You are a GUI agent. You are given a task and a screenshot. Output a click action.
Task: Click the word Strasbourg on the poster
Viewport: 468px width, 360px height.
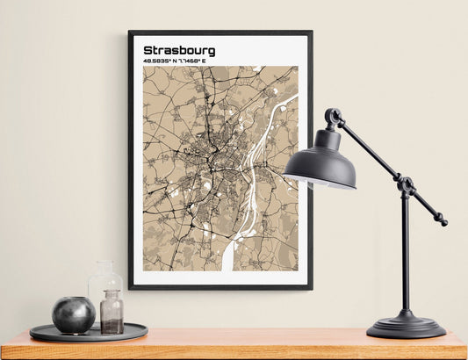[178, 50]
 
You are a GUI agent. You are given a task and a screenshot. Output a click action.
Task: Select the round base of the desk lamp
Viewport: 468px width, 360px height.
[406, 328]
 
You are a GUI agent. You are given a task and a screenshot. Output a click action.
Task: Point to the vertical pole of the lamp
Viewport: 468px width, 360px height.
[406, 255]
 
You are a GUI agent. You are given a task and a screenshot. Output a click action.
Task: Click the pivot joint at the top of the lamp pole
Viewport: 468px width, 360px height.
[406, 185]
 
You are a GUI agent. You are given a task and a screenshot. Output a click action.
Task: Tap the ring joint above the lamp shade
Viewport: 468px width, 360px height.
[334, 117]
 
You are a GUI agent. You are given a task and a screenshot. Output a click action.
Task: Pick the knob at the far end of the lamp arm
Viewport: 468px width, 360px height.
[443, 221]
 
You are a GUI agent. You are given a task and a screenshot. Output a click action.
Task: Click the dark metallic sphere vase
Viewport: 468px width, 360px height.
[74, 314]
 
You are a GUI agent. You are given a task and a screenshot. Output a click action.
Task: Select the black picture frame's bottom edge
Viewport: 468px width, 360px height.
[220, 286]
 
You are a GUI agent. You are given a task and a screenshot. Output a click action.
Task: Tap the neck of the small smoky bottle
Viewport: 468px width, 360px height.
[112, 296]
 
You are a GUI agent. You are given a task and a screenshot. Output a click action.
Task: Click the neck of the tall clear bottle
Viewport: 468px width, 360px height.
[104, 266]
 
